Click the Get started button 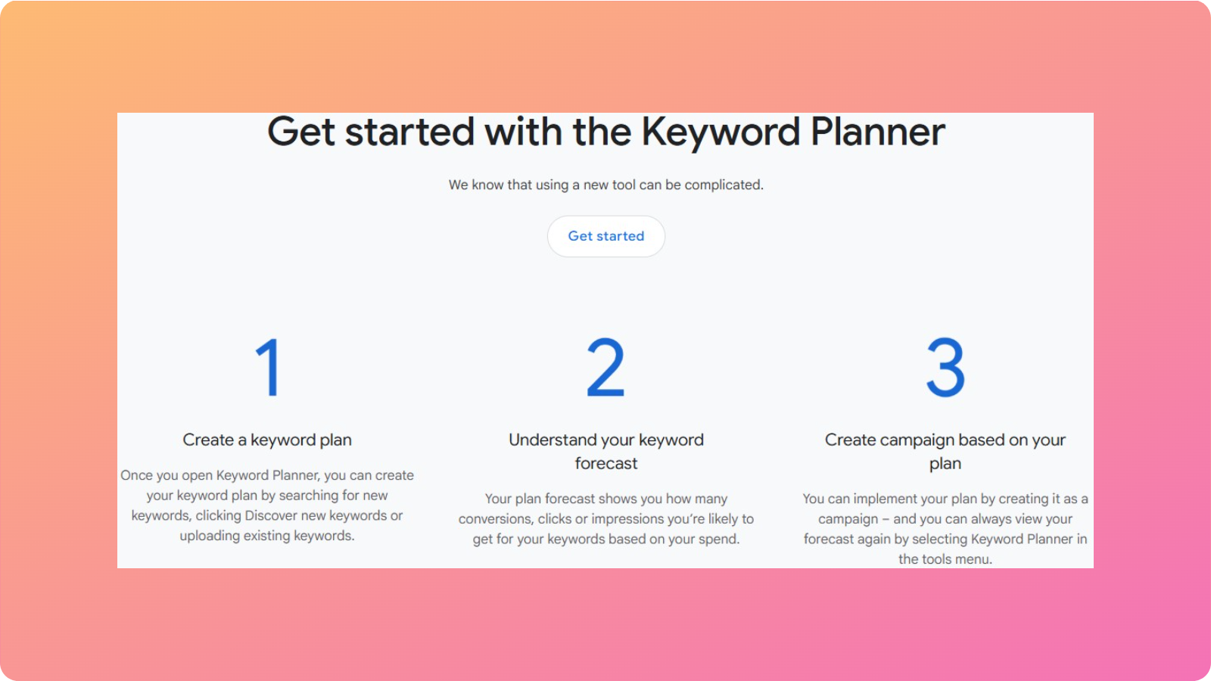click(605, 236)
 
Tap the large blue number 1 click(269, 368)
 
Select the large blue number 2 click(605, 368)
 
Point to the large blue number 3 click(945, 368)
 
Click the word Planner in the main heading click(877, 132)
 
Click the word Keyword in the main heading click(721, 132)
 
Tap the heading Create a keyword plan click(267, 440)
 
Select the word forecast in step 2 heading click(605, 463)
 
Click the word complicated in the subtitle click(724, 185)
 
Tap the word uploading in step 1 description click(210, 536)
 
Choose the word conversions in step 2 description click(495, 519)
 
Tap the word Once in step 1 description click(136, 475)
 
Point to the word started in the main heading click(409, 132)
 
